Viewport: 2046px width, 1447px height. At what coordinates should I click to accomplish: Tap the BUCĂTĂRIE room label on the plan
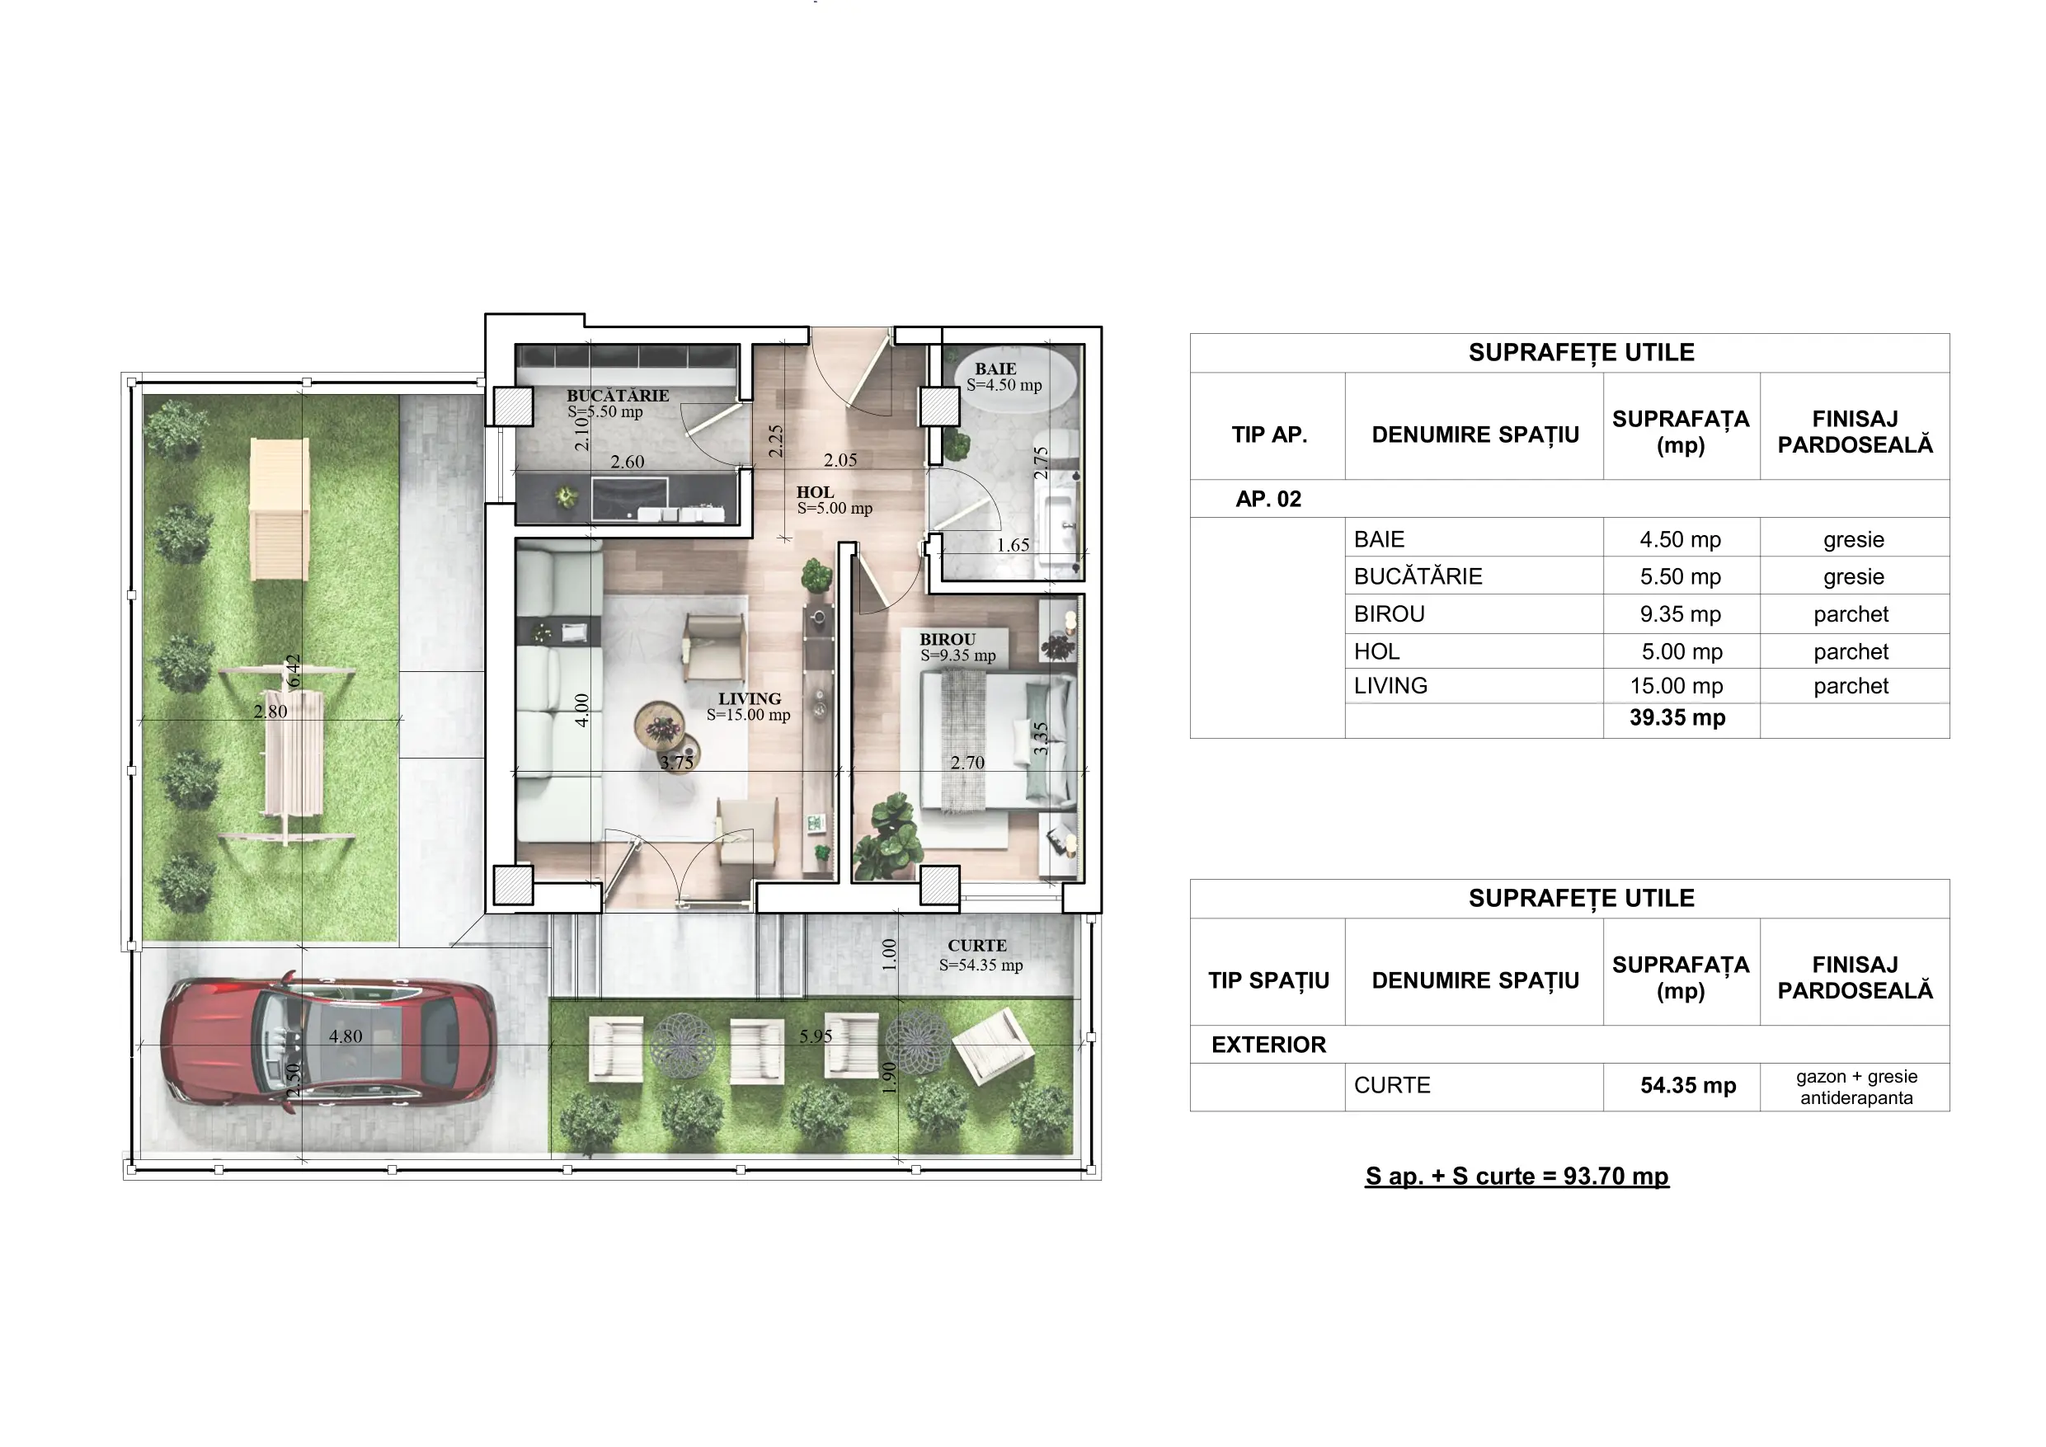pos(618,396)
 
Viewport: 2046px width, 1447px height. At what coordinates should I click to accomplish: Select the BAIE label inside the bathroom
pos(995,369)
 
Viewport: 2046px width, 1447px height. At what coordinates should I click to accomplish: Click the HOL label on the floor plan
pos(816,492)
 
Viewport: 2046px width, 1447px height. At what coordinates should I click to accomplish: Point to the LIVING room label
pos(750,698)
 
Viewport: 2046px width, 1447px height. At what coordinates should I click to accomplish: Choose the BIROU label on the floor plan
pos(948,640)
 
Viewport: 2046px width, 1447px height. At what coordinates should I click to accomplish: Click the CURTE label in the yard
pos(977,946)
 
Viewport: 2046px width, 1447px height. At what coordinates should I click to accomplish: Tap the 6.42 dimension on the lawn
pos(294,671)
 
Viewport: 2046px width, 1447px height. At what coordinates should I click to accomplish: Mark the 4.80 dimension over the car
pos(346,1036)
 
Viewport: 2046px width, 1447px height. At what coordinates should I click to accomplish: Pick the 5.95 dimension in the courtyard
pos(816,1036)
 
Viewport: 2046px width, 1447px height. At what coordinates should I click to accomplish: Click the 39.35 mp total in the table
pos(1677,717)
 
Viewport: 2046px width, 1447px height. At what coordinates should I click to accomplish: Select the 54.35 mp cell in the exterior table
pos(1688,1085)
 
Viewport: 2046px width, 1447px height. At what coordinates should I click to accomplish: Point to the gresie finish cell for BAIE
pos(1854,539)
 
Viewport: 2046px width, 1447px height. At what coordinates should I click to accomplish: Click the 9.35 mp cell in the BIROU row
pos(1681,614)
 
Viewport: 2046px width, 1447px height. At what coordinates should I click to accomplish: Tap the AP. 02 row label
pos(1268,499)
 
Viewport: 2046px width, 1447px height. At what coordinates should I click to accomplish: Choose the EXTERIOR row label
pos(1268,1045)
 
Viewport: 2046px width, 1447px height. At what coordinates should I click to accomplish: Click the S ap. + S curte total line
pos(1517,1176)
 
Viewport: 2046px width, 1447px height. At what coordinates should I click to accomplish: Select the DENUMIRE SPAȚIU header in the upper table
pos(1475,435)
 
